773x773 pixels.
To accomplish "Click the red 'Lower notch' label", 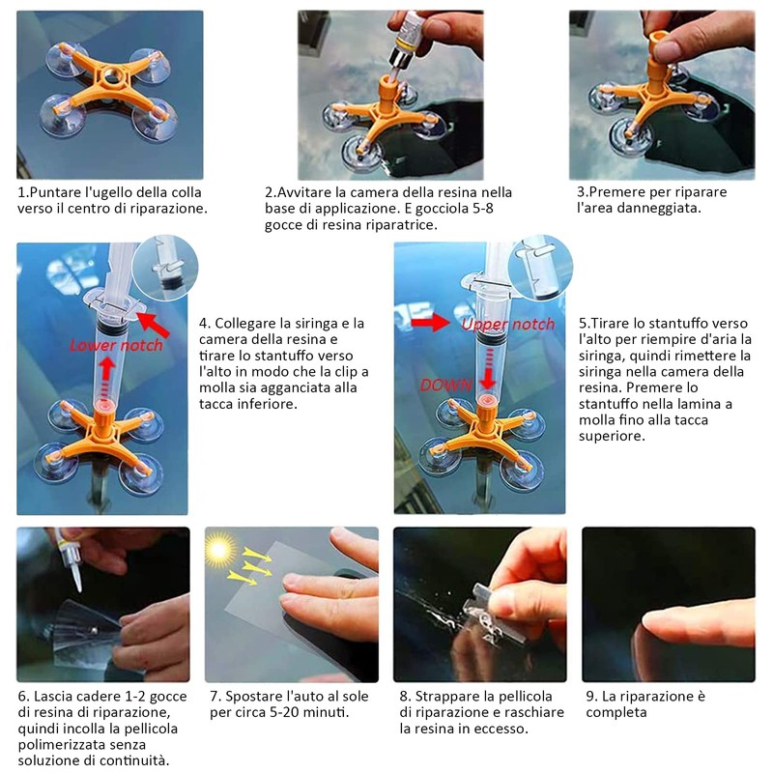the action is [x=116, y=345].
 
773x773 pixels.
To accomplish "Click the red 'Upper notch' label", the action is [x=508, y=324].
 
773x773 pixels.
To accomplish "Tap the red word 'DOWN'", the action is [x=446, y=385].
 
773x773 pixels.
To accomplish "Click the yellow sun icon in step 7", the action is [x=218, y=549].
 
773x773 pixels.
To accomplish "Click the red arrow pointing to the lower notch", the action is [x=154, y=325].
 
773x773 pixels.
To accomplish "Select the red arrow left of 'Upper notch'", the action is [x=430, y=323].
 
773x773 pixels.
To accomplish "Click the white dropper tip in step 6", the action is [x=76, y=577].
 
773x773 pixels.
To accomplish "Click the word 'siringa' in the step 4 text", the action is [x=303, y=324].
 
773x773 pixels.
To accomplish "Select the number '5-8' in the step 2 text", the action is [x=482, y=209].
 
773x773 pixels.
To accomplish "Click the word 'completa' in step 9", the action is [x=616, y=712].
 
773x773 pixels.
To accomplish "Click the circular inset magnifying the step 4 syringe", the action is [x=165, y=268].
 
